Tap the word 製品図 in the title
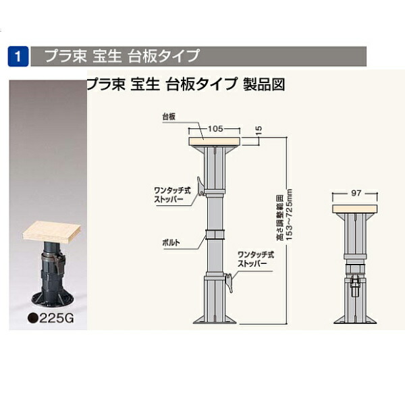(265, 84)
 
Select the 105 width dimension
(215, 127)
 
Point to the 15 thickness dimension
(258, 129)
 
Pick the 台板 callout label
(169, 116)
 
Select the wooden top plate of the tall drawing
(215, 141)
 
